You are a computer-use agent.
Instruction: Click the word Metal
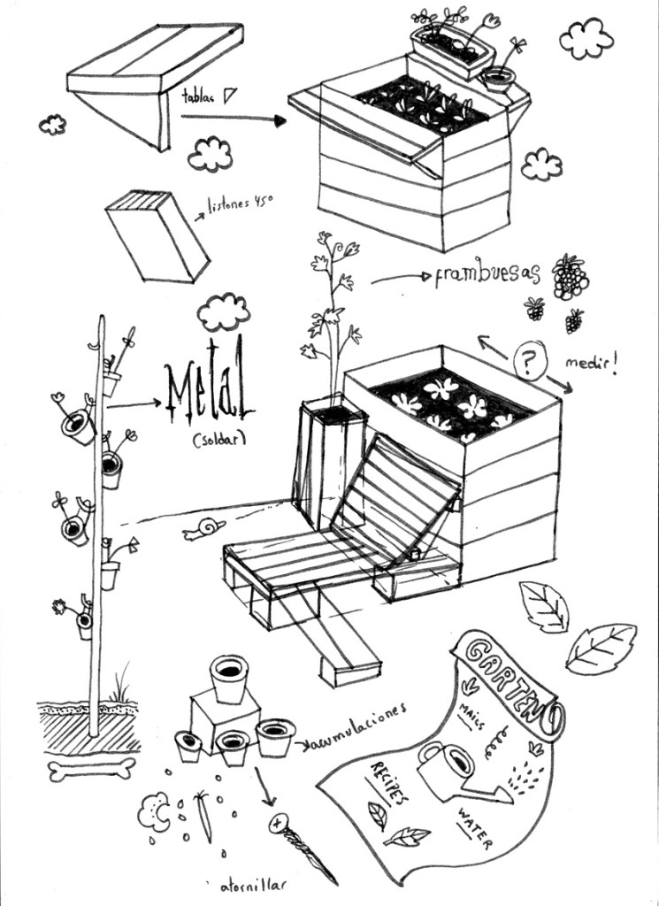point(210,395)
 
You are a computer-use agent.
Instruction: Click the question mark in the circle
point(528,360)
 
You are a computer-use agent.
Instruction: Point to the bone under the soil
point(92,769)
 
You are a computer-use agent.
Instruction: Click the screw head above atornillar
point(280,825)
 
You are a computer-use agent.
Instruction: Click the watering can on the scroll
point(451,769)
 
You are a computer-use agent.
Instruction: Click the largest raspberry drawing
point(570,277)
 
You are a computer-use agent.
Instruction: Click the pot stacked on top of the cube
point(229,677)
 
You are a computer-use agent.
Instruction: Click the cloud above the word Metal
point(223,311)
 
